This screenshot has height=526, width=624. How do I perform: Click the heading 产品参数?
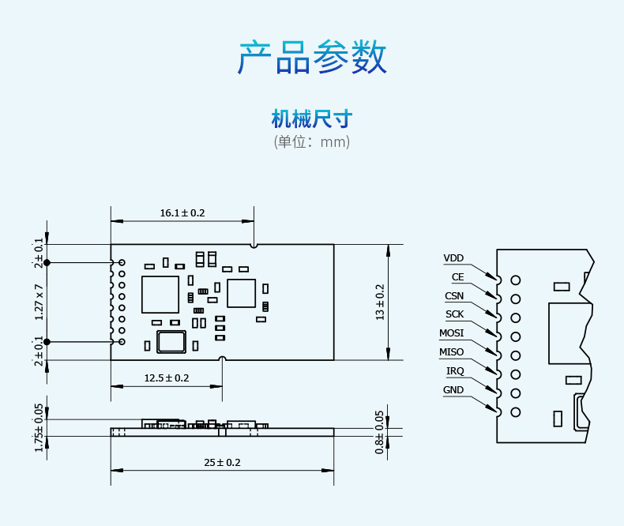tap(312, 58)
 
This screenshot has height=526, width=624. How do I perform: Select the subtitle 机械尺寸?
tap(312, 120)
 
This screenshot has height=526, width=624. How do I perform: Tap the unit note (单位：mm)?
tap(312, 142)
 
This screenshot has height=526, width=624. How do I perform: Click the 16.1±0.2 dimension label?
tap(182, 213)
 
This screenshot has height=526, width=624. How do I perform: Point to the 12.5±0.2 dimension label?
tap(167, 378)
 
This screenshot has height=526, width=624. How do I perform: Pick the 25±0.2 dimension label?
tap(222, 463)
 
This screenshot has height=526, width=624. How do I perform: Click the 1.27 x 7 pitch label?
tap(39, 302)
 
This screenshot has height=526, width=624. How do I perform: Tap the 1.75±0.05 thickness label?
tap(39, 427)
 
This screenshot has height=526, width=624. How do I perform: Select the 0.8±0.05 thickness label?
tap(380, 431)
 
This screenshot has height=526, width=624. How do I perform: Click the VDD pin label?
tap(453, 258)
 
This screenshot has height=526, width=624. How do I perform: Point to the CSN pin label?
tap(454, 296)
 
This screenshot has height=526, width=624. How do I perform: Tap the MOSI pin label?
tap(452, 333)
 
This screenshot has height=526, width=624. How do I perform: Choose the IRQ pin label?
tap(455, 371)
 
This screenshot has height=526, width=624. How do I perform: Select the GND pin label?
tap(453, 390)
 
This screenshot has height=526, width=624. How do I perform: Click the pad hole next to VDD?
tap(516, 280)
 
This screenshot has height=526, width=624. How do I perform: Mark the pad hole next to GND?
tap(516, 412)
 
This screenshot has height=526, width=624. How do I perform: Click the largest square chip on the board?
tap(160, 295)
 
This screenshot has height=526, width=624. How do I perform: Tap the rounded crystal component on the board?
tap(171, 341)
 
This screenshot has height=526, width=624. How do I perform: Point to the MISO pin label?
tap(452, 352)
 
